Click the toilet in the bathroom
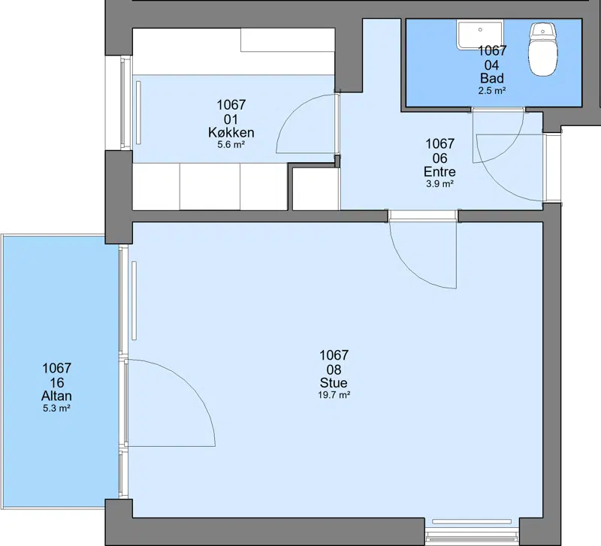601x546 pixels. [542, 49]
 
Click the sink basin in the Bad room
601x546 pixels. [479, 35]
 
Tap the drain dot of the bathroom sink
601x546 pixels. [480, 29]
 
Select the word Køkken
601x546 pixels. [231, 133]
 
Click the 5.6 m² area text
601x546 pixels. [231, 145]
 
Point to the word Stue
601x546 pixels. [334, 383]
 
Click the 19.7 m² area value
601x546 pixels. [334, 395]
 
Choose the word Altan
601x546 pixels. [57, 396]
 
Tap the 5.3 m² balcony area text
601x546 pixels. [57, 409]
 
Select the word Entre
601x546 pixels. [439, 171]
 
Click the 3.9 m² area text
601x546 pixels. [440, 184]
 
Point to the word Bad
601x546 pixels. [492, 79]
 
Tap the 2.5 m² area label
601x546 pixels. [492, 91]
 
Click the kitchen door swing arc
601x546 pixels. [294, 113]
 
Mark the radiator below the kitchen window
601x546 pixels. [138, 113]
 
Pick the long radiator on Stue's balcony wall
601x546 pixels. [134, 300]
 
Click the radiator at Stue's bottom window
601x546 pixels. [472, 521]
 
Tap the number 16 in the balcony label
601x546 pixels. [57, 382]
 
